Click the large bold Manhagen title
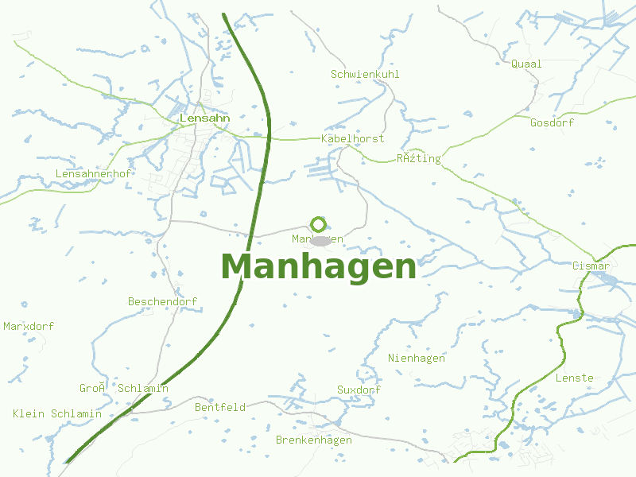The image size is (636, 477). click(x=318, y=267)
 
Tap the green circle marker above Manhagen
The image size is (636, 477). click(x=319, y=225)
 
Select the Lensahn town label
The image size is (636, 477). click(x=205, y=118)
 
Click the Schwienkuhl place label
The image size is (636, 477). click(x=365, y=74)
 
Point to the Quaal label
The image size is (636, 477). click(x=526, y=64)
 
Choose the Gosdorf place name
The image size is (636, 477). click(x=552, y=122)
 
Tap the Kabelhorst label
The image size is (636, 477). click(x=352, y=138)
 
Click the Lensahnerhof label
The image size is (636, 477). click(x=93, y=173)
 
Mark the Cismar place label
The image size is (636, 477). click(x=591, y=266)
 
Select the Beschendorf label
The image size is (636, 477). click(x=162, y=301)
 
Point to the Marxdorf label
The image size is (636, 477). click(x=29, y=326)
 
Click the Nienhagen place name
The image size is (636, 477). click(x=417, y=358)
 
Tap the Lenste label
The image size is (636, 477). click(x=574, y=378)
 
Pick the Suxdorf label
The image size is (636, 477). click(x=359, y=390)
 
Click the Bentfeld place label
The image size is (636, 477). click(x=219, y=407)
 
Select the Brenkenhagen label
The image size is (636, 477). click(x=313, y=440)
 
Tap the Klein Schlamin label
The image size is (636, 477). click(x=57, y=413)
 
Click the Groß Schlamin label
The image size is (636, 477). click(x=123, y=388)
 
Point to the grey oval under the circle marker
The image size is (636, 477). click(x=320, y=241)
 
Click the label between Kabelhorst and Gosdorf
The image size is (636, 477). click(x=418, y=158)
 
